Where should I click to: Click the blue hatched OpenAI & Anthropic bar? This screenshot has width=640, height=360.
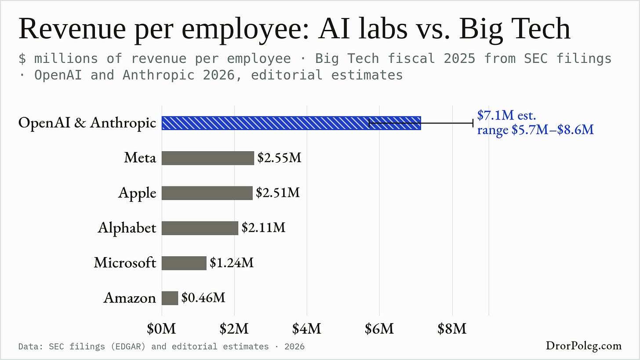(291, 123)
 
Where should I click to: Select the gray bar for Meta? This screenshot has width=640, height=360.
(208, 158)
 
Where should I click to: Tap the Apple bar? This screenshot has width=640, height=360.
(207, 193)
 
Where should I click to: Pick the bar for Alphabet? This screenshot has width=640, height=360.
(200, 228)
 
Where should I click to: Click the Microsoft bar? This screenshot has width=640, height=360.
(184, 263)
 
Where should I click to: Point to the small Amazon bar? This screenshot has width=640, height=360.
(170, 298)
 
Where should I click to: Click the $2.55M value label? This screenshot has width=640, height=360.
(280, 158)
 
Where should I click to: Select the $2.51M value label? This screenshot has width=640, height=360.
(278, 193)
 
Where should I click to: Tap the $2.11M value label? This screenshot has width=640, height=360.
(263, 228)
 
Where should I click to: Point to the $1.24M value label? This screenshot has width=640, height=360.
(232, 262)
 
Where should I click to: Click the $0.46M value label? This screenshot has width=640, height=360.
(203, 298)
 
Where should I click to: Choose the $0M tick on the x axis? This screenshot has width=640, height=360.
(161, 329)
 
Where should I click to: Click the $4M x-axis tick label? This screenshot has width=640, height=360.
(306, 329)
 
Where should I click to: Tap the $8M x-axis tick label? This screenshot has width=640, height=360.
(452, 329)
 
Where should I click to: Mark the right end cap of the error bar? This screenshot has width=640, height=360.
(473, 123)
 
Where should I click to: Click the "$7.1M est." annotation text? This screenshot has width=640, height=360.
(506, 116)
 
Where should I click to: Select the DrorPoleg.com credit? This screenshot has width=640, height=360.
(584, 345)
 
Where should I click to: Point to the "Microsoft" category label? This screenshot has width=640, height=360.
(125, 262)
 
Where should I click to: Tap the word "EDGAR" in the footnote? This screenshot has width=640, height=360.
(128, 346)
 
